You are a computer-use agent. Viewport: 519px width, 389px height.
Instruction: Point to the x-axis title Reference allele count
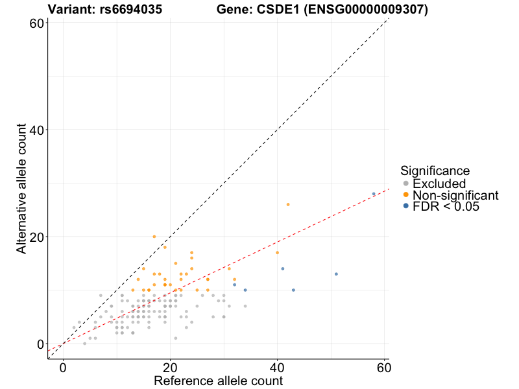[x=218, y=381]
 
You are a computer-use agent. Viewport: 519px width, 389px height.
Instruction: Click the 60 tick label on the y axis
[x=36, y=23]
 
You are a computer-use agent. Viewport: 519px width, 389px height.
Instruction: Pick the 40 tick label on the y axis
[x=36, y=130]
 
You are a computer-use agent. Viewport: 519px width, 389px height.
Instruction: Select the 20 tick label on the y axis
[x=36, y=237]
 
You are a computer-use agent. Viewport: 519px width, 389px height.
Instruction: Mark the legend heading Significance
[x=435, y=171]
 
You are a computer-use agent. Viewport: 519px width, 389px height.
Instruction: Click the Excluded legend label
[x=439, y=183]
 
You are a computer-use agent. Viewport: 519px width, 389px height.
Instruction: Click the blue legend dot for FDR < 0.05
[x=406, y=206]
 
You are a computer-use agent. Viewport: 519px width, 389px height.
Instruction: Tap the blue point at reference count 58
[x=374, y=194]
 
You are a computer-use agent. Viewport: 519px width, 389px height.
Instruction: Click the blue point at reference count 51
[x=336, y=274]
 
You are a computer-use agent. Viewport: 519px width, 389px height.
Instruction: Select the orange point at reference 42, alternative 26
[x=288, y=204]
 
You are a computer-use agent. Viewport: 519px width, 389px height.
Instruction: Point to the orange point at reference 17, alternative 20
[x=154, y=237]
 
